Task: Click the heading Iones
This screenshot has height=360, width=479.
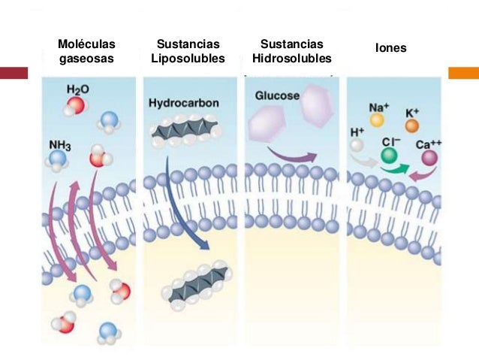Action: pos(391,48)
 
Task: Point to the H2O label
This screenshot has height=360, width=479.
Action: pos(77,89)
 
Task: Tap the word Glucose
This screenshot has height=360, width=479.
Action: pos(277,96)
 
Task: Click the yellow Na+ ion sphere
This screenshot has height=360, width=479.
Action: pos(377,119)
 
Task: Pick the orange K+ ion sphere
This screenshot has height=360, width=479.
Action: pos(411,126)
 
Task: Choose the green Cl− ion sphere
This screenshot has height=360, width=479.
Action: pos(389,155)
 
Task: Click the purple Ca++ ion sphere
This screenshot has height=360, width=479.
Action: pos(429,158)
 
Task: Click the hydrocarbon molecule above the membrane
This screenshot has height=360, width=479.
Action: pos(184,132)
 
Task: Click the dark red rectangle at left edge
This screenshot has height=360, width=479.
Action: pos(14,73)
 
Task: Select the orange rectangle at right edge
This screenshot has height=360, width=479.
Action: pos(463,73)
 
